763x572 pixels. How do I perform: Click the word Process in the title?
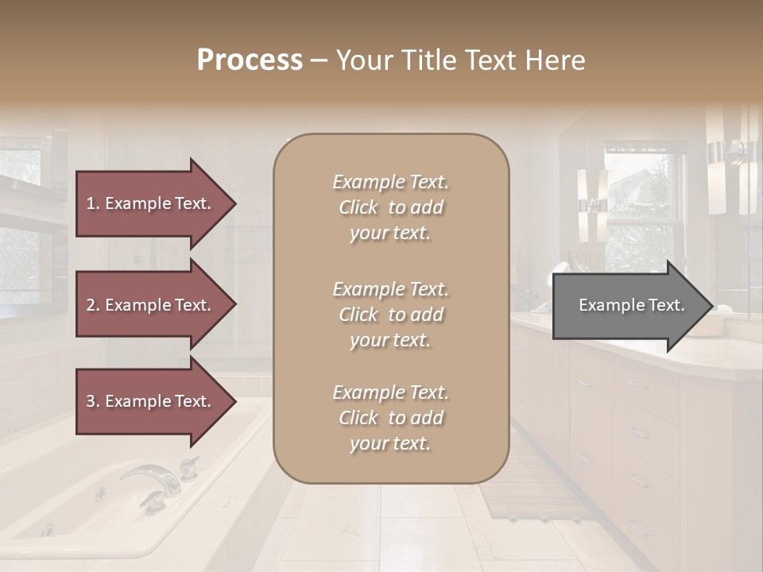pos(250,60)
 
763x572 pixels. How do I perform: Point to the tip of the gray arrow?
pos(711,306)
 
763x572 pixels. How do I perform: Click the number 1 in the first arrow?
pos(91,203)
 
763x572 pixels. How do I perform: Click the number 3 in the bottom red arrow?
pos(91,401)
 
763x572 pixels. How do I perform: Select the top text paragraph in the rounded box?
pos(390,207)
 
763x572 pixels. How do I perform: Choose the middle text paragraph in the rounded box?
pos(390,315)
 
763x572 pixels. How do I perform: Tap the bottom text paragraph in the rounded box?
pos(390,418)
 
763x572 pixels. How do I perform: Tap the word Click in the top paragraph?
pos(358,207)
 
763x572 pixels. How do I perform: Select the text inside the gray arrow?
pos(632,305)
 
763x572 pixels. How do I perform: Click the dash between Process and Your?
pos(319,61)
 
